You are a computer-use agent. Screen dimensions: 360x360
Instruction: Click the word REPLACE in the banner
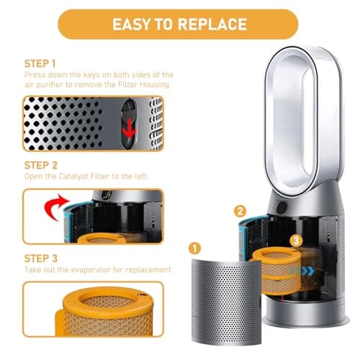tap(212, 24)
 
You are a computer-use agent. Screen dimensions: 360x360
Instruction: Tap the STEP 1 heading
tap(40, 64)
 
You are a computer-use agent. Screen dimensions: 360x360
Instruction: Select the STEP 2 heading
tap(41, 166)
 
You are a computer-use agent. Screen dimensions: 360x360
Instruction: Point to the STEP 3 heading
tap(41, 258)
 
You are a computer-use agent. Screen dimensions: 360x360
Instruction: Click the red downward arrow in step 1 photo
tap(129, 128)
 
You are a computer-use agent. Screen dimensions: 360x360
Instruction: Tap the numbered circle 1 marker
tap(194, 248)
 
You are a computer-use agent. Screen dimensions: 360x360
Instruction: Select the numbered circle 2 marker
tap(240, 212)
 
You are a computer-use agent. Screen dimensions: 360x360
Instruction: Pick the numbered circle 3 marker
tap(296, 240)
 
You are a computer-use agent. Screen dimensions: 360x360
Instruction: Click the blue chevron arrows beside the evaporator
tap(302, 271)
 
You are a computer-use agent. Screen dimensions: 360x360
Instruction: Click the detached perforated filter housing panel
tap(226, 301)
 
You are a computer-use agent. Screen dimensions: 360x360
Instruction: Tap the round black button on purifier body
tap(282, 207)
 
